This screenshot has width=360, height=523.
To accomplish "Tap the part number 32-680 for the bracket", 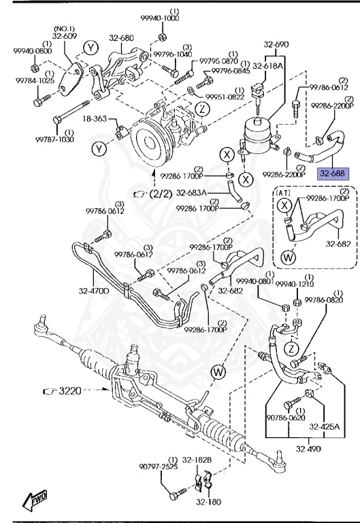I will pos(122,39).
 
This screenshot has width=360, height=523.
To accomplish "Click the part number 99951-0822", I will pos(225,97).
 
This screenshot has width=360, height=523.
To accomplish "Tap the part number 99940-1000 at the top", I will pos(162,19).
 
